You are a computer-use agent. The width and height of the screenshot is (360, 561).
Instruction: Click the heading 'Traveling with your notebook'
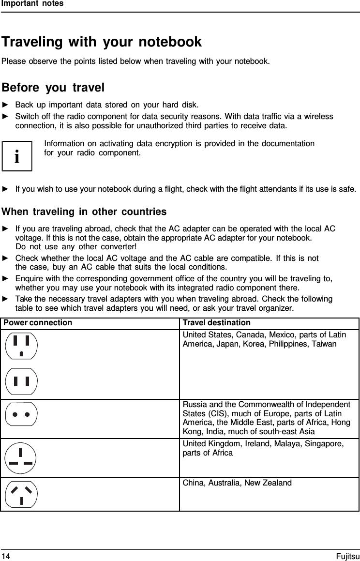pos(102,42)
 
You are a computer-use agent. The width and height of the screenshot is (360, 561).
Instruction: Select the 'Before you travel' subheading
pos(53,88)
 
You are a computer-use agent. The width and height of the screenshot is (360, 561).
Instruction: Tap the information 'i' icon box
pos(17,156)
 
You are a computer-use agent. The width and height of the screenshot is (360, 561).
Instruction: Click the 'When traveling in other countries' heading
pos(84,212)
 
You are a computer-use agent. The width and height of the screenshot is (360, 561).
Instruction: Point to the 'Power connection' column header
pos(38,323)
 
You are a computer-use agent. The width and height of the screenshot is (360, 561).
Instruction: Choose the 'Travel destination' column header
pos(216,323)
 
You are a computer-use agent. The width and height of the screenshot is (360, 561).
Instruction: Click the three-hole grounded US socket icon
pos(21,345)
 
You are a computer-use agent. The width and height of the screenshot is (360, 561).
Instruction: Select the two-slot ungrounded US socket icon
pos(21,382)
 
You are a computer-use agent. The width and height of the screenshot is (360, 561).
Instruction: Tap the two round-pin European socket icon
pos(21,414)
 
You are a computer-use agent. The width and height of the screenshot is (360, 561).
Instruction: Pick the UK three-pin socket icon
pos(21,458)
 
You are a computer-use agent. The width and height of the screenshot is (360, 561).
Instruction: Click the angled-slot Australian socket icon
pos(21,494)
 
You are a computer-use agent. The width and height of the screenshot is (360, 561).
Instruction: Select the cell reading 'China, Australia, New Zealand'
pos(237,483)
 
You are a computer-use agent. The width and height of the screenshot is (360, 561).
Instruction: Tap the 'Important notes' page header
pos(32,4)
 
